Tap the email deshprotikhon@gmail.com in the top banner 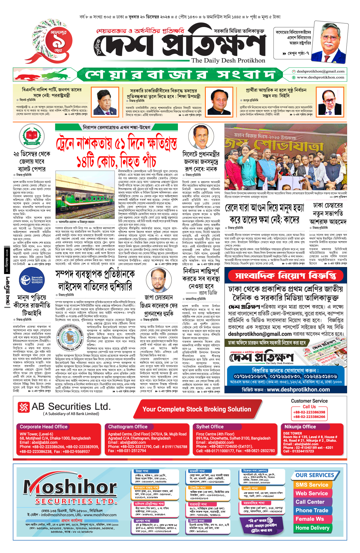click(320, 71)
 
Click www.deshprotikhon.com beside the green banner click(320, 77)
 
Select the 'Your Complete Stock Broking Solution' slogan click(196, 409)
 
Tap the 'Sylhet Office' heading click(210, 427)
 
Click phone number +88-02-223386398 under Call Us click(309, 412)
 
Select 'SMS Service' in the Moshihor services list click(312, 485)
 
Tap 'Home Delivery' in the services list click(312, 528)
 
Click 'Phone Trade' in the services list click(312, 510)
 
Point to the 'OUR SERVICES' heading click(315, 475)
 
